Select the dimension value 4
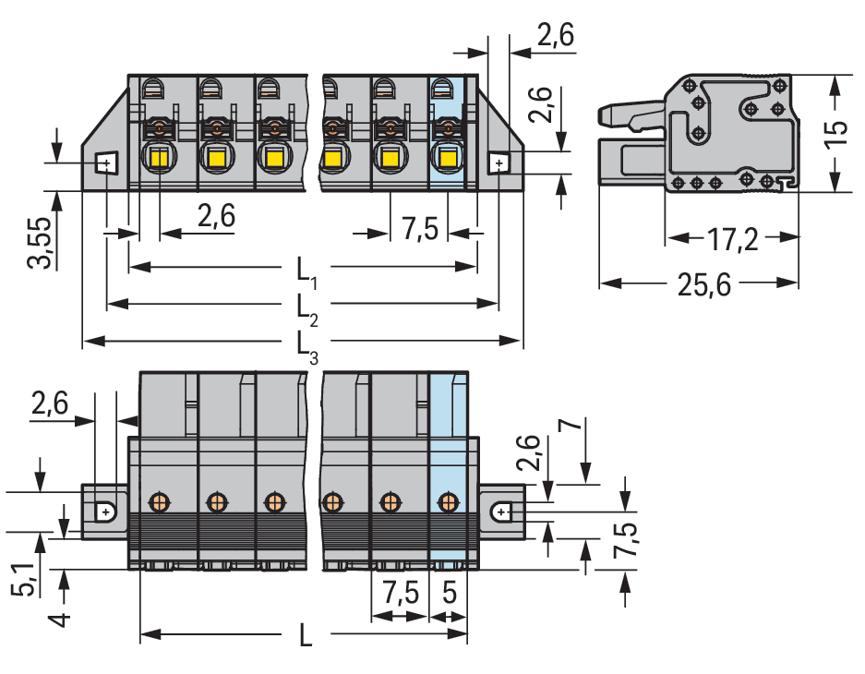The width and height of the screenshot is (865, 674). coord(57,613)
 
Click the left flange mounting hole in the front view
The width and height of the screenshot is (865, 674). coord(105,164)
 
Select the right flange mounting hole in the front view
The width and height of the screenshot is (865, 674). coord(499,164)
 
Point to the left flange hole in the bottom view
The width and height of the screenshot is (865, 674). coord(106,511)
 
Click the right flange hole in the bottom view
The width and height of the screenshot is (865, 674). coord(501,511)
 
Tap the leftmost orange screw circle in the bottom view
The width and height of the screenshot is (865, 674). coord(159,502)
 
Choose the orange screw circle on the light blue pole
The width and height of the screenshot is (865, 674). coord(449,502)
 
